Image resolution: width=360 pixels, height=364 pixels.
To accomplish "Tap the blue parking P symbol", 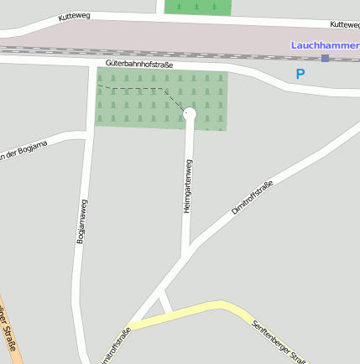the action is click(x=300, y=74).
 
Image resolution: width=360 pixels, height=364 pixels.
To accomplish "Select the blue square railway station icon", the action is click(x=325, y=58).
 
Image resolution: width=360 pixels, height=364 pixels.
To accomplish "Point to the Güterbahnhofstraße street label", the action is click(x=139, y=64).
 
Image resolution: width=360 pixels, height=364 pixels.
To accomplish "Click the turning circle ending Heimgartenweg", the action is click(x=190, y=113).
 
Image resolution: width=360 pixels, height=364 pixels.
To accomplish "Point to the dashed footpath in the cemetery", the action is click(x=134, y=88).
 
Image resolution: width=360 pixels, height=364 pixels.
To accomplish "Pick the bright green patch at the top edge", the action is click(x=197, y=7).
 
